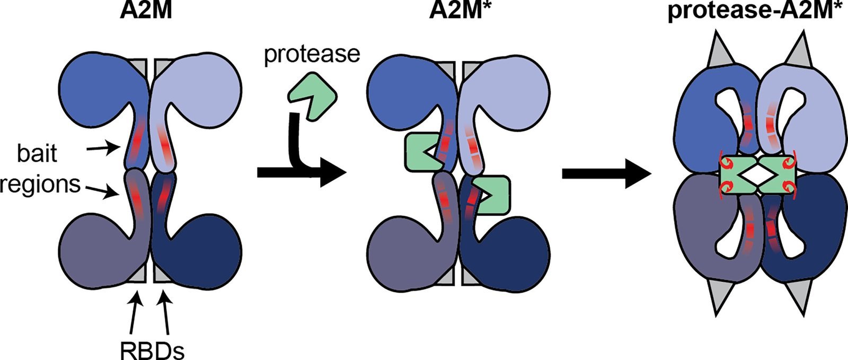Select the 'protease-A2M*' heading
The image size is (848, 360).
point(757,12)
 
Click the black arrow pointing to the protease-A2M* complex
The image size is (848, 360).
point(607,172)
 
